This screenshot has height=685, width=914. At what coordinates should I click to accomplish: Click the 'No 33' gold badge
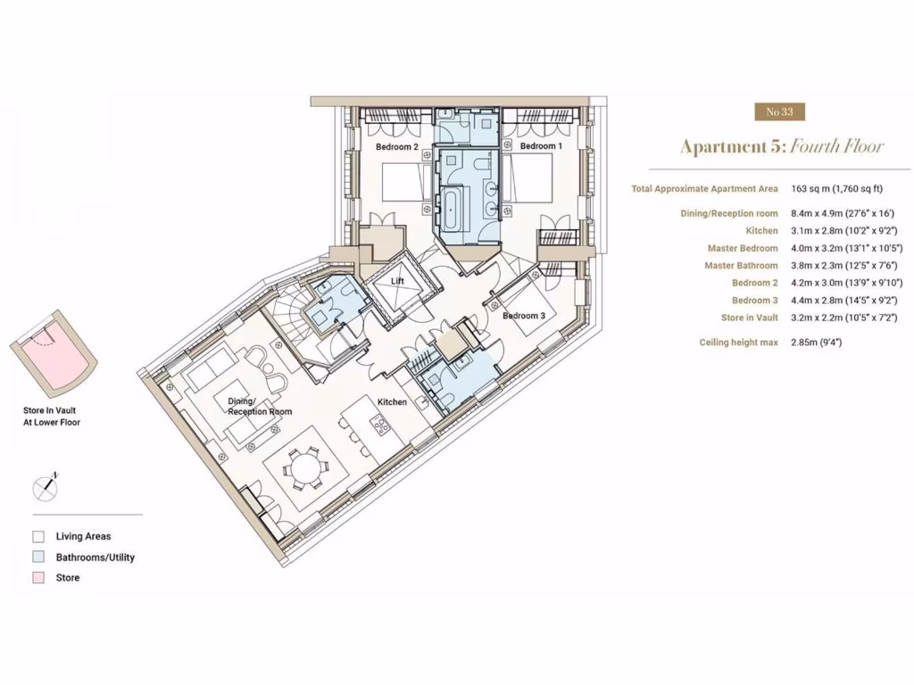click(x=779, y=111)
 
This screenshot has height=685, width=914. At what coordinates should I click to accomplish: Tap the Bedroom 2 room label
click(x=396, y=146)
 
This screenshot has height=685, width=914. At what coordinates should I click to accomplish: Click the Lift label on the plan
click(x=399, y=281)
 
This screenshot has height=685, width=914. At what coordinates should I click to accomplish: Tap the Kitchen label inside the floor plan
click(x=392, y=402)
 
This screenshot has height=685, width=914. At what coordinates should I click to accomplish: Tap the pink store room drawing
click(x=49, y=360)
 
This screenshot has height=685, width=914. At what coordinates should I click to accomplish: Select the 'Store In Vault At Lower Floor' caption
click(x=52, y=417)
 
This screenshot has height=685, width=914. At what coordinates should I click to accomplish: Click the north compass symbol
click(x=46, y=485)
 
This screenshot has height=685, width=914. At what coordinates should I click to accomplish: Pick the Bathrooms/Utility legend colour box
click(x=38, y=557)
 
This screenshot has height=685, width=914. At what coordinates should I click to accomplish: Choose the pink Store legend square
click(x=38, y=578)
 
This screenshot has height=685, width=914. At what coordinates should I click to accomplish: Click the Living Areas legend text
click(x=84, y=537)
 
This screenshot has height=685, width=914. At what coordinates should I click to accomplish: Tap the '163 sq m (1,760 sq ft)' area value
click(x=836, y=189)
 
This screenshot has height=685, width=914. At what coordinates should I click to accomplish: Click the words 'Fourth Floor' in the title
click(x=837, y=146)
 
